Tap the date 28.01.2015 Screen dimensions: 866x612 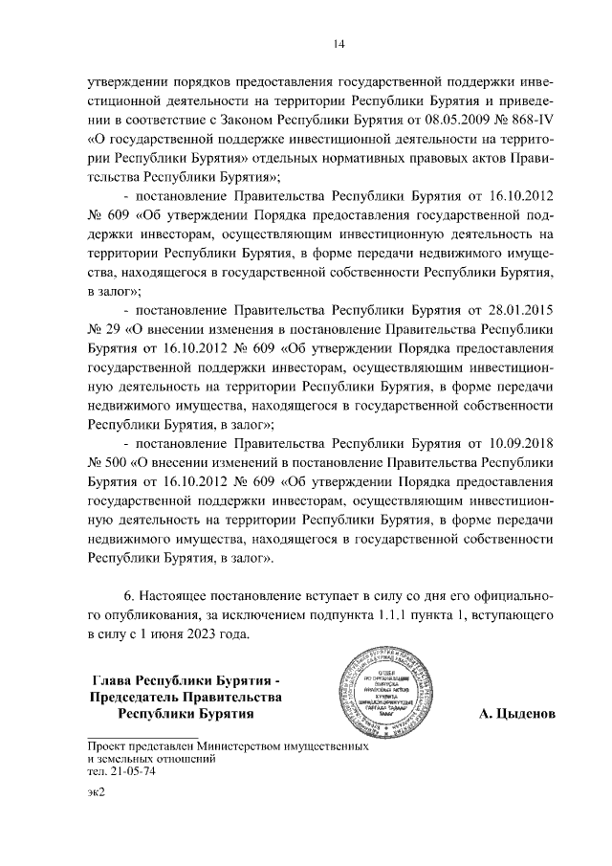[517, 310]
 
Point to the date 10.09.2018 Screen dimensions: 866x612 [517, 444]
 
